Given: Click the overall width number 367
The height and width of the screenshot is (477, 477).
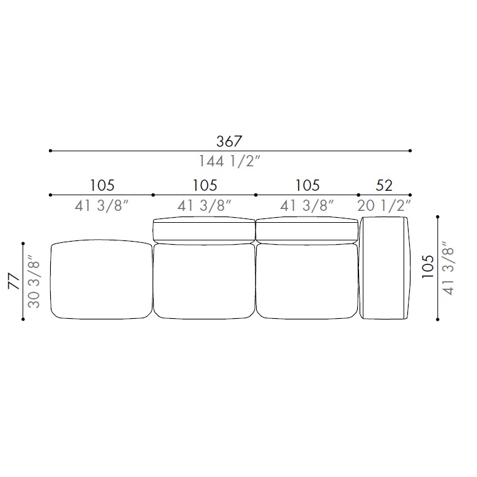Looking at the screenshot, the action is coord(229,141).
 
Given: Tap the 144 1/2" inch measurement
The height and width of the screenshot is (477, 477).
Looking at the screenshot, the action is coord(230,161).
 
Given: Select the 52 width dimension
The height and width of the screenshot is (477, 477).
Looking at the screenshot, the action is coord(384,185).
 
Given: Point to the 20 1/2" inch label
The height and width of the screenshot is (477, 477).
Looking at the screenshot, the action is coord(384,206).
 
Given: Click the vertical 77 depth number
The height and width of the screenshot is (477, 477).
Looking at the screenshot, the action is coord(14,281).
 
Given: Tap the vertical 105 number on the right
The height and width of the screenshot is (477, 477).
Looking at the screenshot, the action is coord(427,266).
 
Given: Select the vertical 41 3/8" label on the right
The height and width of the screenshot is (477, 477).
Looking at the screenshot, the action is coord(448,268).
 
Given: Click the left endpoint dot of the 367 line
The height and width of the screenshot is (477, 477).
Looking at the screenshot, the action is coord(50,151).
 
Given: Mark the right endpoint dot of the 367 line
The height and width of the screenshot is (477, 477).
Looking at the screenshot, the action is coord(410,151).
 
